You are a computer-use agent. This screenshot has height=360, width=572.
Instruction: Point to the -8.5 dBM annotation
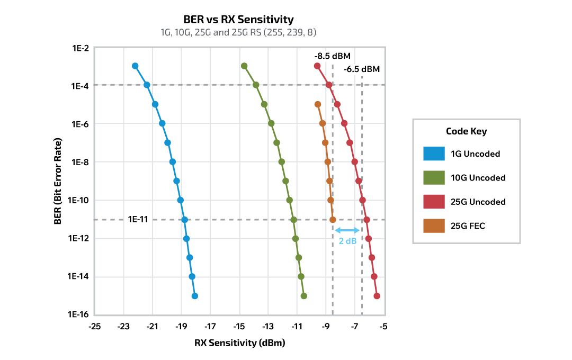click(332, 56)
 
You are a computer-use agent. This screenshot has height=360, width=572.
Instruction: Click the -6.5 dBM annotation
click(362, 69)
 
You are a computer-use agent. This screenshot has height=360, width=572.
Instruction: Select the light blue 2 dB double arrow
click(347, 230)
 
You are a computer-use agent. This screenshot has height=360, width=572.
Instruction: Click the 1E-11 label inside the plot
click(138, 219)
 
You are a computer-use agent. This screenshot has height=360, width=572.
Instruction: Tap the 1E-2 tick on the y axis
click(79, 48)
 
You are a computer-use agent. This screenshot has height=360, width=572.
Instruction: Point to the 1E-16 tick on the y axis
click(78, 314)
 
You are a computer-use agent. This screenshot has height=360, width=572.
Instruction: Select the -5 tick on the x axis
click(383, 326)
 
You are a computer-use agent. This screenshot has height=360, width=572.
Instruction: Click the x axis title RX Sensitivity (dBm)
click(239, 343)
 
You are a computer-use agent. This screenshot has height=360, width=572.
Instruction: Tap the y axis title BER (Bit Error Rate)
click(58, 181)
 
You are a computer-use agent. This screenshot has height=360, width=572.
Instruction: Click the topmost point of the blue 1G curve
click(135, 66)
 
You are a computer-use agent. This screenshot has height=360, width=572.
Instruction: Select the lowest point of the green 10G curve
click(303, 296)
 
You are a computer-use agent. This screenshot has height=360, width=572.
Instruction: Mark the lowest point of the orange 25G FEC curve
click(333, 219)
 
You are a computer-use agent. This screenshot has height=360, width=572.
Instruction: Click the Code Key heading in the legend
click(466, 131)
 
